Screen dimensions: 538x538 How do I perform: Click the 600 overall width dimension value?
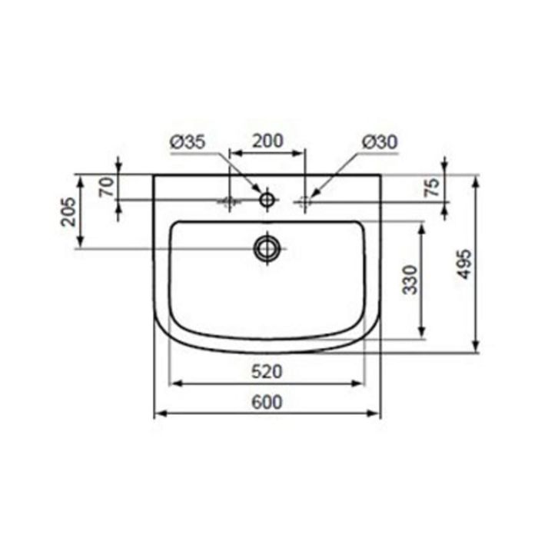(x=267, y=402)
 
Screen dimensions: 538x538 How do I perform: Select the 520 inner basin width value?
(x=267, y=372)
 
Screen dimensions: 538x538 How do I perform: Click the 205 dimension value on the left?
(x=68, y=211)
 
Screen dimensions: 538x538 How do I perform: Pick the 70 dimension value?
(x=108, y=187)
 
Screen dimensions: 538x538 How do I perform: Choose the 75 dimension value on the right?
(x=432, y=187)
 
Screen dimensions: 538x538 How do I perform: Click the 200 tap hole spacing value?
(x=268, y=141)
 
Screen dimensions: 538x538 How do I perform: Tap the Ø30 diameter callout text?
(x=378, y=141)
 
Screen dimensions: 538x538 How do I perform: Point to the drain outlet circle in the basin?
(x=267, y=247)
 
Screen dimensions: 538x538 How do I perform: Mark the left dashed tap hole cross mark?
(x=227, y=201)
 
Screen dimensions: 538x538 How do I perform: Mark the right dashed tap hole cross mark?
(x=305, y=201)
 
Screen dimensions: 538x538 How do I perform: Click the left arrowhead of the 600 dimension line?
(x=158, y=413)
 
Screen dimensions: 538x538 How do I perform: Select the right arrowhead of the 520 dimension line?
(x=360, y=382)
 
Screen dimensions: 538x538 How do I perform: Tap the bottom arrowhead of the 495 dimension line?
(x=477, y=350)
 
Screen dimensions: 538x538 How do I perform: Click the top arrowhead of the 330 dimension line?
(x=421, y=225)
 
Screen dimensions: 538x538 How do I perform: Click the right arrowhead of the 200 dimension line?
(x=302, y=153)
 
